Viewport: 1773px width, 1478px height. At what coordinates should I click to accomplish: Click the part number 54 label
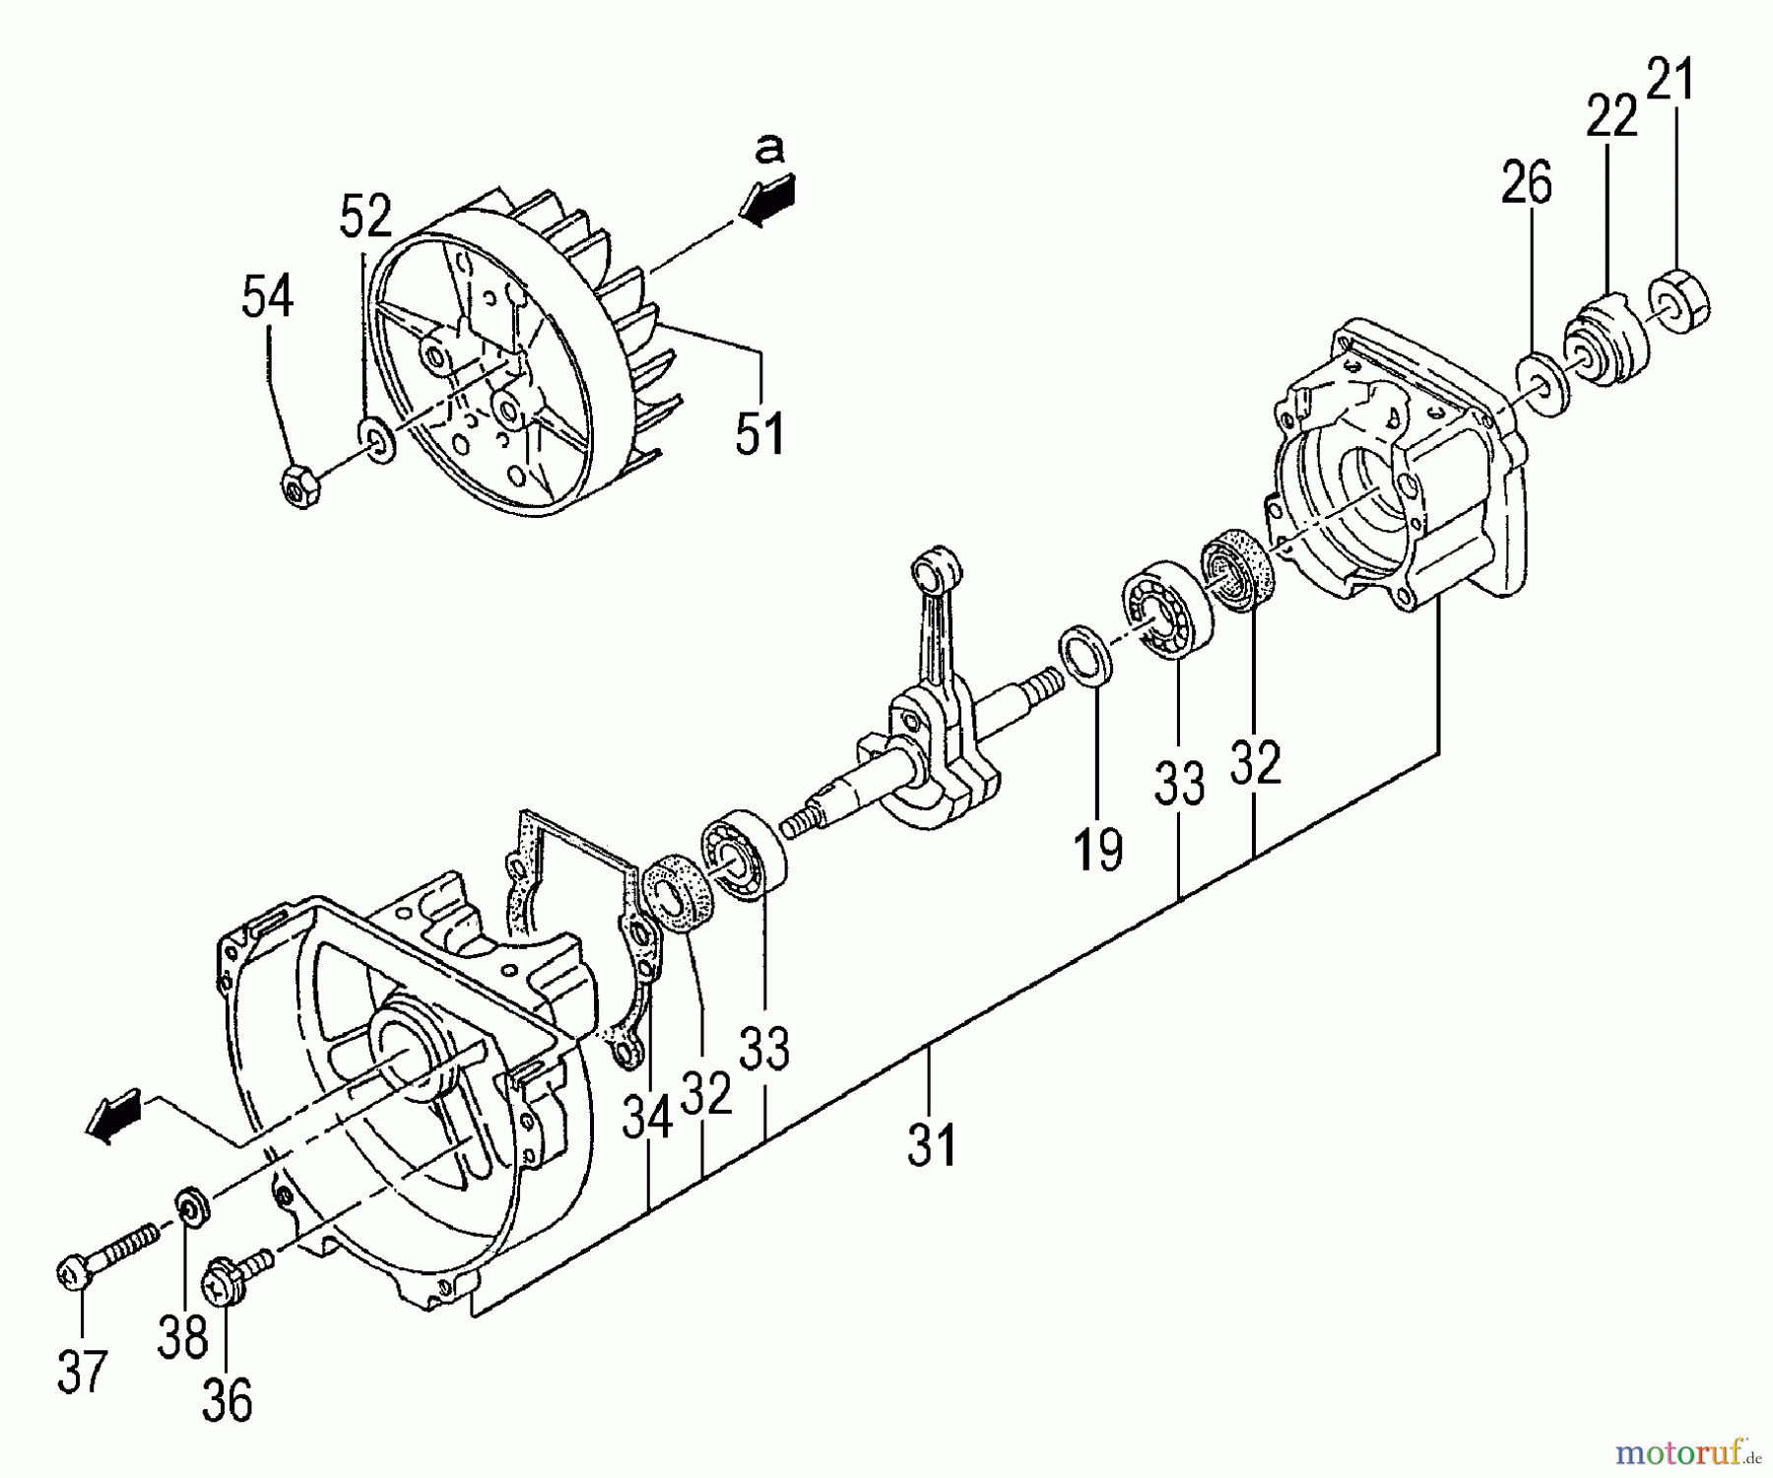(x=267, y=296)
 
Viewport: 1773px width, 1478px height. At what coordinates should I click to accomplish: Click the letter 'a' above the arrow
(x=769, y=149)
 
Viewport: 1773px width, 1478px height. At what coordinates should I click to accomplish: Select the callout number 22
(x=1611, y=116)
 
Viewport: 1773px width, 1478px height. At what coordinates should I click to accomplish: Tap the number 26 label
(x=1526, y=183)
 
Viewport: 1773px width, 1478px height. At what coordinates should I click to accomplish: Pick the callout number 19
(x=1097, y=850)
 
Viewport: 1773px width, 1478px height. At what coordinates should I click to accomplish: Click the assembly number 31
(x=932, y=1145)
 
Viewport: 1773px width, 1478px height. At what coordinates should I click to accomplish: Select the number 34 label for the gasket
(x=647, y=1118)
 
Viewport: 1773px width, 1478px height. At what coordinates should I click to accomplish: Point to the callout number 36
(x=228, y=1400)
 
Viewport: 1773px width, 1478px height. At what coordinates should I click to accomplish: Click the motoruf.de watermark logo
(x=1688, y=1451)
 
